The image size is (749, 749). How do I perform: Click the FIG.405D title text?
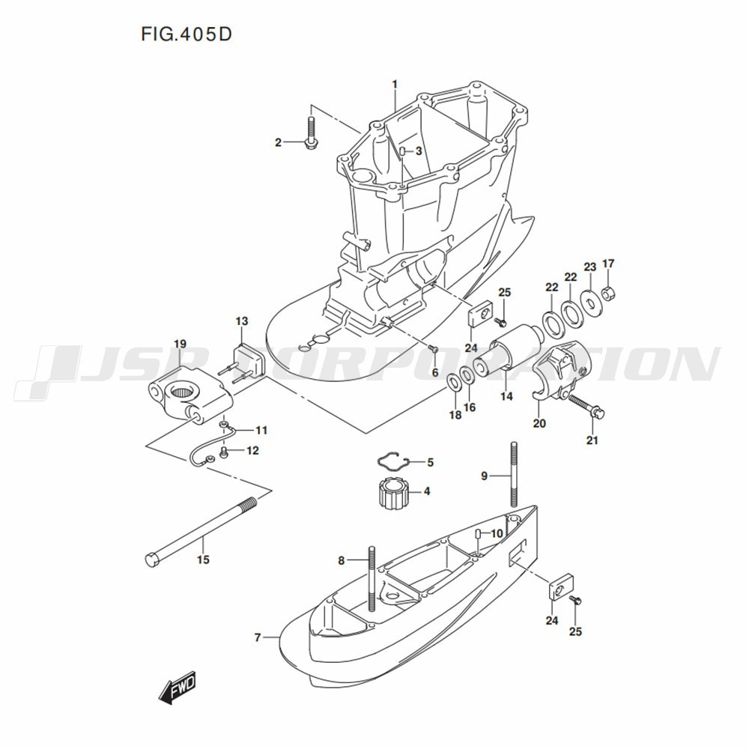(187, 34)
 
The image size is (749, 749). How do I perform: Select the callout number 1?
(395, 85)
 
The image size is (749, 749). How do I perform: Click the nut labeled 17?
(608, 291)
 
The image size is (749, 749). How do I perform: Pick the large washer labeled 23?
(591, 302)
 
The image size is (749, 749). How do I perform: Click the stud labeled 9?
(514, 474)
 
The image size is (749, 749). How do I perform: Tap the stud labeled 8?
(372, 578)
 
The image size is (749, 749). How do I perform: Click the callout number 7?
(258, 637)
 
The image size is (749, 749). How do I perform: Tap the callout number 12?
(252, 450)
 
